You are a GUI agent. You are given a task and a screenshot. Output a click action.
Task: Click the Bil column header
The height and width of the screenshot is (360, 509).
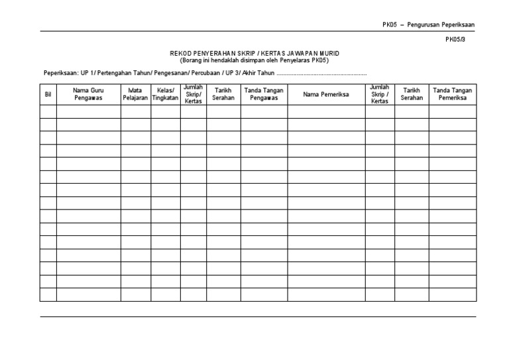tap(48, 94)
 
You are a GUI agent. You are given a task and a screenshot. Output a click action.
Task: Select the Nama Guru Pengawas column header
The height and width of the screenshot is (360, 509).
tap(88, 94)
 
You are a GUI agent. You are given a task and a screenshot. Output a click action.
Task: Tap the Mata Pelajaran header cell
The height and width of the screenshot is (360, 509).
tap(135, 94)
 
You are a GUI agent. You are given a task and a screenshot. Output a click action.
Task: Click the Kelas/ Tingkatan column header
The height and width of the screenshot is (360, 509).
tap(165, 94)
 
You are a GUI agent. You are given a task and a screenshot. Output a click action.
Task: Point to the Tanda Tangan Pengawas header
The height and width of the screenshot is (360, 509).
tap(264, 94)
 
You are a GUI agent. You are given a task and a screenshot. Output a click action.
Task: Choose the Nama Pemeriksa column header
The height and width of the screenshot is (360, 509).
tap(325, 94)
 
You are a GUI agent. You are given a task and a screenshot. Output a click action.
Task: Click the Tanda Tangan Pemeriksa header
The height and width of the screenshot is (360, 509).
tap(452, 94)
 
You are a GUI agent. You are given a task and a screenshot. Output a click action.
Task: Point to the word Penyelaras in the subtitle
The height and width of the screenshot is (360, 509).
tap(294, 60)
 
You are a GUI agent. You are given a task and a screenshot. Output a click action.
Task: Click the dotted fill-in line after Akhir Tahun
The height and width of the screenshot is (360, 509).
tap(322, 74)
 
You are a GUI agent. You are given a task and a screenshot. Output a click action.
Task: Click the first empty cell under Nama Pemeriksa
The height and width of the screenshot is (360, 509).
tap(325, 111)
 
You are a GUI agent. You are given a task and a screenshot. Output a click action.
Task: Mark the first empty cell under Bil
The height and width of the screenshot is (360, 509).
tap(48, 111)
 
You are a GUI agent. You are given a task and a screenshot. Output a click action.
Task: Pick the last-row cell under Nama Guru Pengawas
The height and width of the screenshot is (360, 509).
tap(88, 294)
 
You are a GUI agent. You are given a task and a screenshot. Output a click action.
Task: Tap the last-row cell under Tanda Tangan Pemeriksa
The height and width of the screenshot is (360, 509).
tap(452, 294)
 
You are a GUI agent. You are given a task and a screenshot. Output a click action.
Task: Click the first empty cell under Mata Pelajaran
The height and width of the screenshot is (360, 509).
tap(135, 111)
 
